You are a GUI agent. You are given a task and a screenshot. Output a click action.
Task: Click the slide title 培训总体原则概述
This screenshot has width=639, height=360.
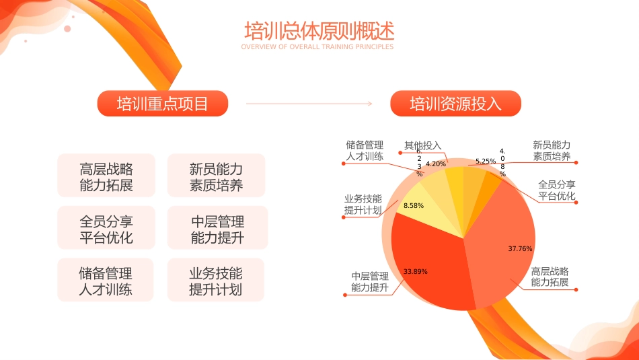pos(319,32)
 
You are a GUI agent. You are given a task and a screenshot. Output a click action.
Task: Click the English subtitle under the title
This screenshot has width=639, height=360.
pos(317,47)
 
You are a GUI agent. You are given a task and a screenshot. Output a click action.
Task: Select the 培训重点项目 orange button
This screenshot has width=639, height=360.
pos(163,104)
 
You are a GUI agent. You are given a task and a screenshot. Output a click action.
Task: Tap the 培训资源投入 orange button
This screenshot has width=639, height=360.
pos(455,104)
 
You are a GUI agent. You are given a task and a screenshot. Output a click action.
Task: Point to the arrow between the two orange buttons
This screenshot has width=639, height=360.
pos(309,104)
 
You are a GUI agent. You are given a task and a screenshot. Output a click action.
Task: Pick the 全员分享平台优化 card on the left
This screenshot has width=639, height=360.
pos(106,229)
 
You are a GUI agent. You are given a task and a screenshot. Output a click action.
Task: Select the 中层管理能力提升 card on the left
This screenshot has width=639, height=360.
pos(217,229)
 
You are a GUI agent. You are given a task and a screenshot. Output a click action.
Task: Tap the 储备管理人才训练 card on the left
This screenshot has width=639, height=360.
pos(106,281)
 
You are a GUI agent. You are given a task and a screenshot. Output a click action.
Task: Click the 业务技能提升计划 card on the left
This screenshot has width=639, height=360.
pos(216,281)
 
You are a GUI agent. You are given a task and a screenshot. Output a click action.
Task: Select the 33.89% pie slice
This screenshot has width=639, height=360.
pos(430,269)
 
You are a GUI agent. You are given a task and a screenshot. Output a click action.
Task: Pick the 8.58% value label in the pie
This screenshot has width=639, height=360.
pos(414,206)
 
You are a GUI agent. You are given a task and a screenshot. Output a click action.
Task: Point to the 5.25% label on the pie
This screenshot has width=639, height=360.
pos(485,161)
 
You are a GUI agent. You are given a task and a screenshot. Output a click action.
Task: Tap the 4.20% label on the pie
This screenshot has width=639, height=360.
pos(436,164)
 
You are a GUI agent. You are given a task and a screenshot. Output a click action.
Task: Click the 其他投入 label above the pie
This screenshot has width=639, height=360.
pos(422,145)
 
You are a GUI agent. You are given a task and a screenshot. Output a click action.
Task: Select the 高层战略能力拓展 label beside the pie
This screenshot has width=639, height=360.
pos(550,277)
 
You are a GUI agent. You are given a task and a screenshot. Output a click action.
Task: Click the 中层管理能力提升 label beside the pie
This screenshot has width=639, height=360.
pos(370,282)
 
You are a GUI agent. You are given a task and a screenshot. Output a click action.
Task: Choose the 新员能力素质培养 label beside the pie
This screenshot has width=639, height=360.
pos(552,151)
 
